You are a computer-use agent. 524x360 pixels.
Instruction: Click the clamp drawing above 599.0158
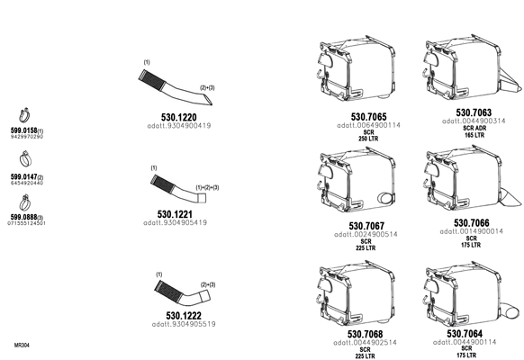pyautogui.click(x=24, y=116)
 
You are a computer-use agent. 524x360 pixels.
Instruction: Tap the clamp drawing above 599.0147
pyautogui.click(x=25, y=159)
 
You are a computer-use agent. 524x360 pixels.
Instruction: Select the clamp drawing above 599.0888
pyautogui.click(x=25, y=202)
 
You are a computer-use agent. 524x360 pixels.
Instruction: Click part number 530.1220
pyautogui.click(x=179, y=117)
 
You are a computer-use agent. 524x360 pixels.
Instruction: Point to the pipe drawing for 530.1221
pyautogui.click(x=178, y=189)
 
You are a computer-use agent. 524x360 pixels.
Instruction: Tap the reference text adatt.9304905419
pyautogui.click(x=175, y=222)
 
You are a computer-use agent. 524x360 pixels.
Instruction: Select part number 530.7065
pyautogui.click(x=368, y=117)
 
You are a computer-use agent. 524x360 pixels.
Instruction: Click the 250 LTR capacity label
pyautogui.click(x=368, y=139)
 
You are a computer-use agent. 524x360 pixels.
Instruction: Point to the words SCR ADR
pyautogui.click(x=474, y=128)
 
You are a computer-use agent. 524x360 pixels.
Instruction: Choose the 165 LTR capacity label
pyautogui.click(x=474, y=135)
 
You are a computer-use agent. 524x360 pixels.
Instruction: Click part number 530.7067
pyautogui.click(x=366, y=226)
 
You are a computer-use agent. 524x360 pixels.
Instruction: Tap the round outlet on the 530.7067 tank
pyautogui.click(x=385, y=198)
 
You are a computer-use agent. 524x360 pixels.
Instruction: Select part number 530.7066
pyautogui.click(x=472, y=222)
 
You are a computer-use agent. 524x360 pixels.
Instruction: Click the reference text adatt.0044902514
pyautogui.click(x=365, y=343)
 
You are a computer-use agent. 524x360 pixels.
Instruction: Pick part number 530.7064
pyautogui.click(x=465, y=333)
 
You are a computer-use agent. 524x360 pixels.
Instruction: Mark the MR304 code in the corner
pyautogui.click(x=22, y=345)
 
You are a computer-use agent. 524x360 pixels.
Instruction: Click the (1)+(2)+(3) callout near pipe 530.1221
pyautogui.click(x=207, y=188)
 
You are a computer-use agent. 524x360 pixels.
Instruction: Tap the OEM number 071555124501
pyautogui.click(x=26, y=223)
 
